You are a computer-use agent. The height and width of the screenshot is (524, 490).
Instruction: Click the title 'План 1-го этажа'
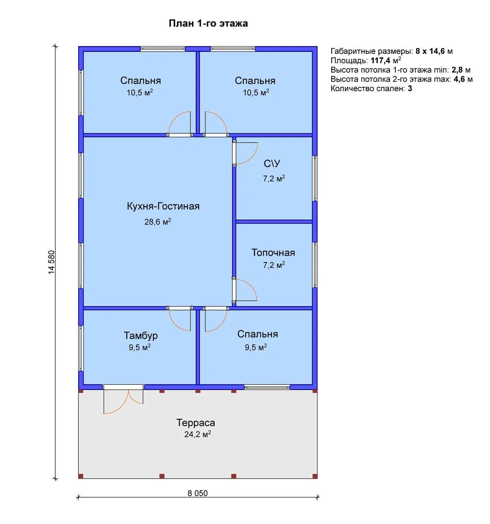click(x=208, y=23)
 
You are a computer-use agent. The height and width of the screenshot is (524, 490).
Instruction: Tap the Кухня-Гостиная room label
click(x=163, y=206)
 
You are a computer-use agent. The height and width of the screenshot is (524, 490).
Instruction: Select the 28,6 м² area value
click(x=157, y=222)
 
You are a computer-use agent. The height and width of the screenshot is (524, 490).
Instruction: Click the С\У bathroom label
click(x=272, y=164)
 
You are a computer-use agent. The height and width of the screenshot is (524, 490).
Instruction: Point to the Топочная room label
click(x=273, y=253)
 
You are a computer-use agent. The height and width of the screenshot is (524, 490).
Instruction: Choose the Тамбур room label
click(x=140, y=336)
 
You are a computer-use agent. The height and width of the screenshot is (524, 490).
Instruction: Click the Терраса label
click(x=196, y=423)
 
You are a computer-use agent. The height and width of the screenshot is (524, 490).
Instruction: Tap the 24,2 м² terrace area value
click(x=197, y=434)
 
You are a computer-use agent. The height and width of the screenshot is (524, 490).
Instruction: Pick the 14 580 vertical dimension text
click(x=51, y=262)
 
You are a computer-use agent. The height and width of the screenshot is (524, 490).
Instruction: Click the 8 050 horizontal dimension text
click(x=197, y=493)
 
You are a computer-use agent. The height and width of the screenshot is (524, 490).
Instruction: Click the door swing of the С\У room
click(x=246, y=153)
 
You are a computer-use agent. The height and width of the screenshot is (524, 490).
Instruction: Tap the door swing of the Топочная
click(x=245, y=290)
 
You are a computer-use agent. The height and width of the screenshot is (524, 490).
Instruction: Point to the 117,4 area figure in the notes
click(x=380, y=61)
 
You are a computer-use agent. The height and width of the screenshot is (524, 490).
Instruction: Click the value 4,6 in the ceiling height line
click(x=459, y=79)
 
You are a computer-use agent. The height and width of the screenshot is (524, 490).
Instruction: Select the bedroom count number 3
click(x=410, y=89)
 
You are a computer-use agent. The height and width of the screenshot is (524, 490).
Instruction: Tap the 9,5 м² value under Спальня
click(x=255, y=347)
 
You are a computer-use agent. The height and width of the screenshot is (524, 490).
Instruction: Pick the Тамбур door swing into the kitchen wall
click(x=180, y=320)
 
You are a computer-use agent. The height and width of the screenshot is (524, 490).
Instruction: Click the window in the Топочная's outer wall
click(x=315, y=265)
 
